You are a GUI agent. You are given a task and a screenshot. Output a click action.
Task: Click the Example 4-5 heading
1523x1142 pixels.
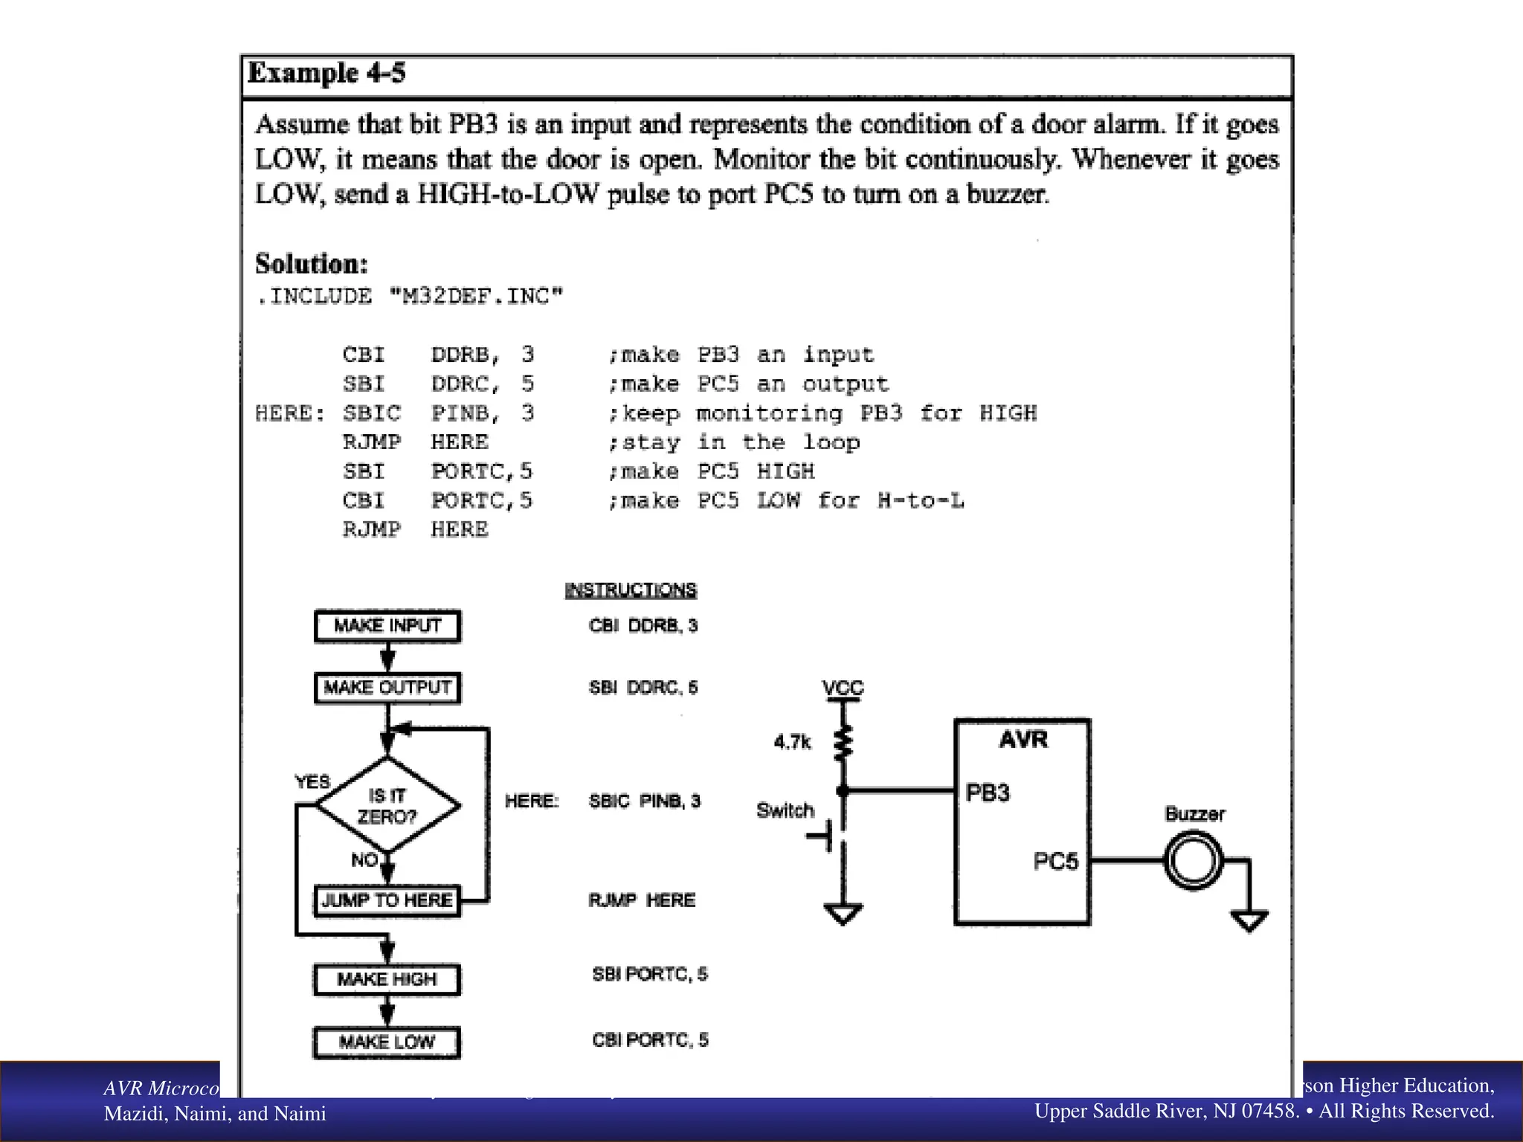(326, 74)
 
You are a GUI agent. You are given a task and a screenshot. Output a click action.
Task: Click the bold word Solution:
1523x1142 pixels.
(312, 264)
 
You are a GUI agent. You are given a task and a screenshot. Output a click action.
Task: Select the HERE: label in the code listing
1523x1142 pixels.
(289, 413)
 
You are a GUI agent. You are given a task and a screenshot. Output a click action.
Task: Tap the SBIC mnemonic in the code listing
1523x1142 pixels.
(371, 413)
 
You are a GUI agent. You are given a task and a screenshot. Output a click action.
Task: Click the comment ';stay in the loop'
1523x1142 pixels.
(734, 442)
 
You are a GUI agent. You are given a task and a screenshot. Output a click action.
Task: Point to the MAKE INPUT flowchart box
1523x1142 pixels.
(387, 626)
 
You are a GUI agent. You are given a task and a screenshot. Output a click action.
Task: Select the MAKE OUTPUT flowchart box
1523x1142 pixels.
(387, 688)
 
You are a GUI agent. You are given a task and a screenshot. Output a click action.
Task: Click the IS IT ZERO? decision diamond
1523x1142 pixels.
(387, 806)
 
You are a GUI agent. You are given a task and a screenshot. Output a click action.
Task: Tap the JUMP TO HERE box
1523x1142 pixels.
(387, 901)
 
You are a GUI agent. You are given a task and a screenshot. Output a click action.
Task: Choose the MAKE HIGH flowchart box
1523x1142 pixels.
(387, 980)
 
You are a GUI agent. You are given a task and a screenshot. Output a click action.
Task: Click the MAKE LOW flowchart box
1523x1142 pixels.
(387, 1042)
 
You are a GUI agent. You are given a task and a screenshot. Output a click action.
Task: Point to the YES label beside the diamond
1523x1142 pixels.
(312, 782)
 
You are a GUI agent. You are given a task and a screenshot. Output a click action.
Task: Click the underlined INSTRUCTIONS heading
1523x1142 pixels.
(631, 590)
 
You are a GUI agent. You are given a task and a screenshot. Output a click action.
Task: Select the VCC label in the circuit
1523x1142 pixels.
(843, 688)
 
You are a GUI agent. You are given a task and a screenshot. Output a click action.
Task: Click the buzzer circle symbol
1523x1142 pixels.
(1193, 861)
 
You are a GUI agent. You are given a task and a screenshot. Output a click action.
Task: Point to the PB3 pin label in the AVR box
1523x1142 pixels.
(988, 793)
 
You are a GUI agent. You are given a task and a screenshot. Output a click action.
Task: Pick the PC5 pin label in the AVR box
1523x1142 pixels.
(1055, 862)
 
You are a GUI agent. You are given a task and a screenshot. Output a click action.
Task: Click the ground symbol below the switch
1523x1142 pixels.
(843, 914)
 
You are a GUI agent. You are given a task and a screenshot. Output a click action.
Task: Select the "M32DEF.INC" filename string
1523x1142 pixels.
(477, 297)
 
